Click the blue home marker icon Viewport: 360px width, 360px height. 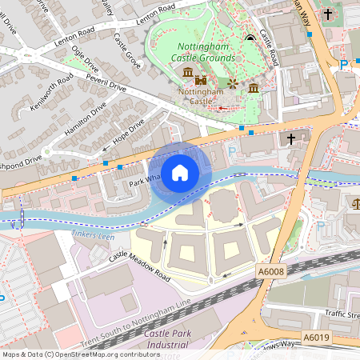click(180, 172)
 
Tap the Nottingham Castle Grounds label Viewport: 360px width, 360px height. click(205, 52)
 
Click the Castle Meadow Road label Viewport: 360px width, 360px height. click(140, 265)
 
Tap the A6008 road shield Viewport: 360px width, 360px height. click(272, 274)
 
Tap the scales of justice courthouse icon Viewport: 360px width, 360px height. click(354, 206)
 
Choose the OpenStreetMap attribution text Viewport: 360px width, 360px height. click(80, 354)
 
